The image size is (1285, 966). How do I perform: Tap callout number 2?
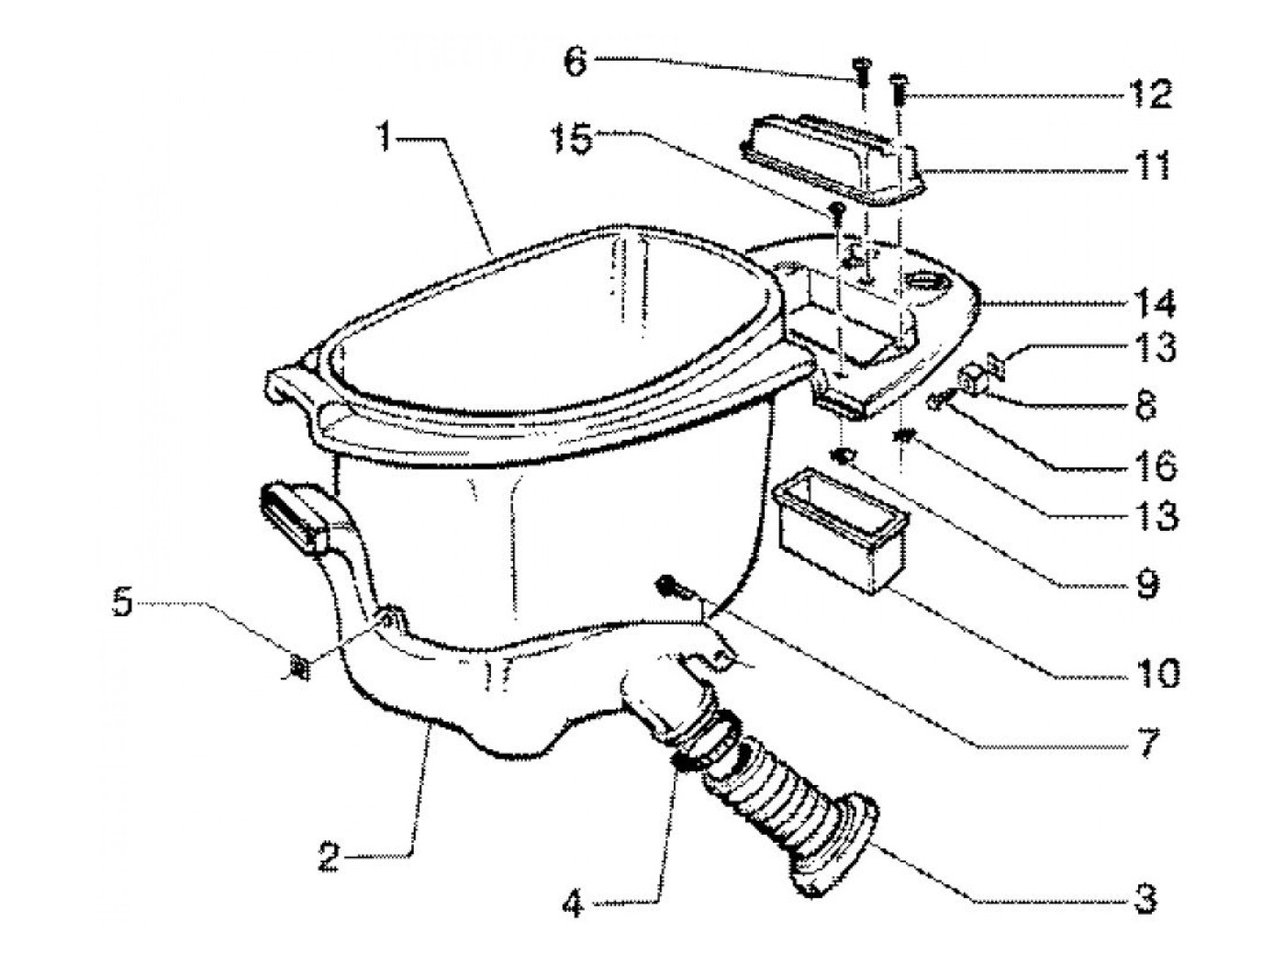coord(331,859)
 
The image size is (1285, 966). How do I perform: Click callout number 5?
coord(123,606)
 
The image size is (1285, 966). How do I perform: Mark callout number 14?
coord(1156,303)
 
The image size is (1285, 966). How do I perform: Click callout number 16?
coord(1156,466)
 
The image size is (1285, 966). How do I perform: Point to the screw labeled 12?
coord(899,90)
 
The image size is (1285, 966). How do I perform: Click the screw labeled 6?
coord(862,71)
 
